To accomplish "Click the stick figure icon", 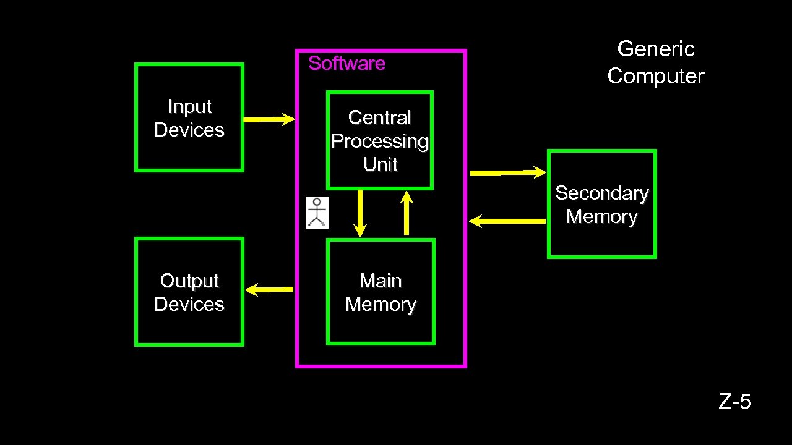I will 317,213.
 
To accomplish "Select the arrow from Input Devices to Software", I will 269,119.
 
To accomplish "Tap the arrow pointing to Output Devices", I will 269,289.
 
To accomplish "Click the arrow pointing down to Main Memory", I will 360,213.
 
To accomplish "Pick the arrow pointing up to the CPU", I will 407,213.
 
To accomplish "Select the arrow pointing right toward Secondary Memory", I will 508,172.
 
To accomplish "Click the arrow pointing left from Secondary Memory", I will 507,221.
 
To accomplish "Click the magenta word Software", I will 346,64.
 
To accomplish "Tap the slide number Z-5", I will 734,402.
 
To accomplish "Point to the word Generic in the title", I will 656,49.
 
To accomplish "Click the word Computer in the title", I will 656,76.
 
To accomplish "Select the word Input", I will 189,107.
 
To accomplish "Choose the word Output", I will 189,281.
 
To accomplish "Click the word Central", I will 380,117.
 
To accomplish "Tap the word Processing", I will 380,142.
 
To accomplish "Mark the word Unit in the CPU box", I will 380,165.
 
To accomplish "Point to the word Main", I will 381,281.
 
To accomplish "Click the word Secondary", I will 601,193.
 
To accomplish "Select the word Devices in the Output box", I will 189,305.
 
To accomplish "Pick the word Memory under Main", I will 381,305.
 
